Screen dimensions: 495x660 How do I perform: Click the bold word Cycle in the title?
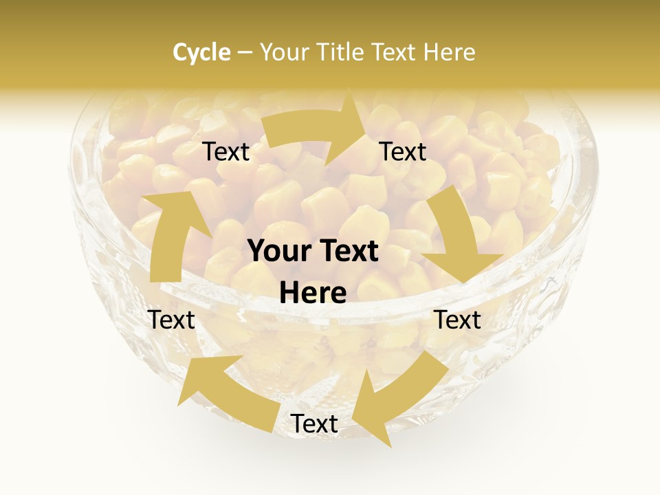201,52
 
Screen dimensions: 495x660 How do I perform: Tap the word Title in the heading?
343,52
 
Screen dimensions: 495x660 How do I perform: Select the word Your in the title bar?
284,52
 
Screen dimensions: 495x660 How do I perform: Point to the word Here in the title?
449,52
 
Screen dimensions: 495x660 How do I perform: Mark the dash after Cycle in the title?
245,53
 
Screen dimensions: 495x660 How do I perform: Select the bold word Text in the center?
347,251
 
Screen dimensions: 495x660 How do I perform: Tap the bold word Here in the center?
313,294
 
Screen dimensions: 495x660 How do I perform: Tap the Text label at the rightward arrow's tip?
403,151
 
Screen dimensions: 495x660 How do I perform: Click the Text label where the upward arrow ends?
225,152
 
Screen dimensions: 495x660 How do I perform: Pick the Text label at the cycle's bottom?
314,424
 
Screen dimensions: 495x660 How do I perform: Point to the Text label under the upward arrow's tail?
172,320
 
